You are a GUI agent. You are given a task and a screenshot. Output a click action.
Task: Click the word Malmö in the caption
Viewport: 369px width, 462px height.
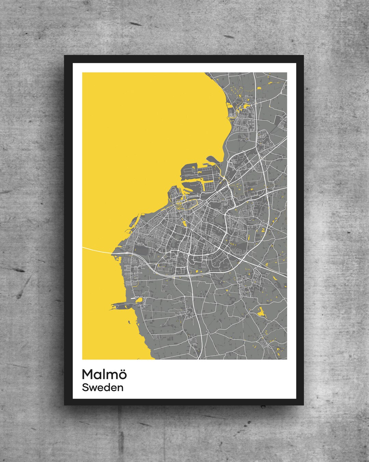[x=104, y=374]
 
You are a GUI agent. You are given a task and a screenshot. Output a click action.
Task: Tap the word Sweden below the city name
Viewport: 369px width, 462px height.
[x=102, y=388]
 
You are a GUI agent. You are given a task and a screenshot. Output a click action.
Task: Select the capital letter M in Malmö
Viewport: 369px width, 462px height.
[x=88, y=374]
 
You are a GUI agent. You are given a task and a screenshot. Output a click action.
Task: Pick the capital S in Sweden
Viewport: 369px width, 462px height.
[x=85, y=388]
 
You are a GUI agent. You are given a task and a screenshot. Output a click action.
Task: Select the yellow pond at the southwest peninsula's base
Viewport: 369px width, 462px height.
[x=138, y=300]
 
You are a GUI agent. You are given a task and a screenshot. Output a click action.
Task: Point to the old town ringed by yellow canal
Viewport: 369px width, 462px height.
[x=186, y=205]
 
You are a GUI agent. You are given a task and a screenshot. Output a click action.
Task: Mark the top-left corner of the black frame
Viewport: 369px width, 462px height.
[x=65, y=56]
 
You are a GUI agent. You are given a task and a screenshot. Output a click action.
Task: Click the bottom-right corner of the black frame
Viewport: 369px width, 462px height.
[x=303, y=405]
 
